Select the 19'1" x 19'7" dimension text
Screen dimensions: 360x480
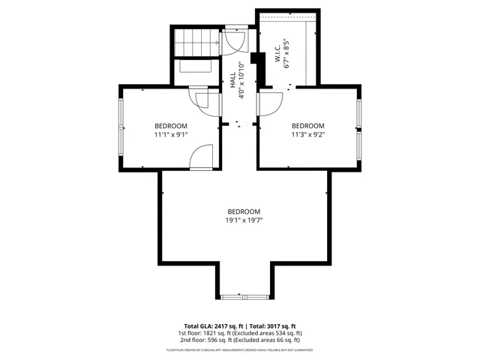[244, 220]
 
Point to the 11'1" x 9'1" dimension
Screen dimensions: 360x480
[171, 134]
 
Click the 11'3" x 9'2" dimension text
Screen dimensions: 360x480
[307, 134]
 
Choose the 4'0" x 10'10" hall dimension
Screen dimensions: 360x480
[241, 80]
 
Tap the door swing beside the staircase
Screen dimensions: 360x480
[232, 43]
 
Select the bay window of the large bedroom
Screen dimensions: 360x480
[244, 294]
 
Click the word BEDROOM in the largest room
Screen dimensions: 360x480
[244, 211]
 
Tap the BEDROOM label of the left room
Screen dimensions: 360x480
[171, 125]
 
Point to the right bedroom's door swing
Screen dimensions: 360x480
[271, 103]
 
